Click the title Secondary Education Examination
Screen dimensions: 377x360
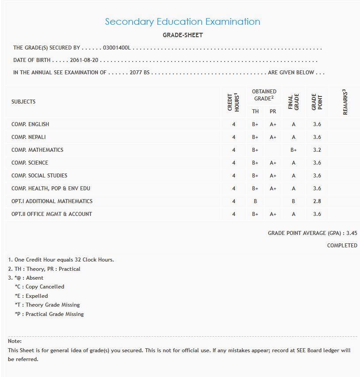pyautogui.click(x=182, y=22)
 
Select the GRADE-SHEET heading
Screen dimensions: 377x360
pyautogui.click(x=183, y=35)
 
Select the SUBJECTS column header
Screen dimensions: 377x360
pyautogui.click(x=23, y=102)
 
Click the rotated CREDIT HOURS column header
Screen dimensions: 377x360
pyautogui.click(x=234, y=102)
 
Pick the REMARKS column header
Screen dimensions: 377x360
pyautogui.click(x=345, y=102)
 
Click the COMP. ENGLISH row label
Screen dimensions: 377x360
pyautogui.click(x=30, y=124)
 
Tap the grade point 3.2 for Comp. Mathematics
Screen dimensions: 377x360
pyautogui.click(x=317, y=150)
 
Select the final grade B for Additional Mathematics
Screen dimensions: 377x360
pyautogui.click(x=293, y=201)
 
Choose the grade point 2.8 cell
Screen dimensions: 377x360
pyautogui.click(x=317, y=201)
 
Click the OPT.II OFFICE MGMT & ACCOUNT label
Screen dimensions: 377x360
pyautogui.click(x=52, y=214)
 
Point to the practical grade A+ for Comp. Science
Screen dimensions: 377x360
pyautogui.click(x=273, y=163)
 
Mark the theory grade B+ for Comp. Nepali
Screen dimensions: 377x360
pyautogui.click(x=255, y=137)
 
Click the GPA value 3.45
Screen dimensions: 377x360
pyautogui.click(x=352, y=233)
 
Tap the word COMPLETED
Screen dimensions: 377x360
pyautogui.click(x=342, y=245)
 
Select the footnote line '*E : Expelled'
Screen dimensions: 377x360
pyautogui.click(x=31, y=296)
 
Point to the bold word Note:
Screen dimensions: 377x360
pyautogui.click(x=15, y=341)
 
